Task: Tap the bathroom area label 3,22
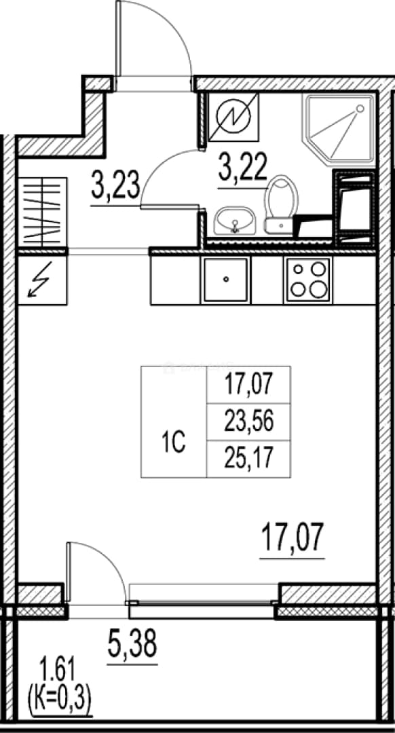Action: pyautogui.click(x=242, y=168)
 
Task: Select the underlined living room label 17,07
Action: pyautogui.click(x=292, y=538)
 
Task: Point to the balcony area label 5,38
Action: pyautogui.click(x=132, y=643)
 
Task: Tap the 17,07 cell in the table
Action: pyautogui.click(x=248, y=386)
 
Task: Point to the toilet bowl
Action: pyautogui.click(x=281, y=204)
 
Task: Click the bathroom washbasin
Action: pyautogui.click(x=235, y=220)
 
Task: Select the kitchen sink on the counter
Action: pyautogui.click(x=225, y=280)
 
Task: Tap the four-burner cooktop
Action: pyautogui.click(x=307, y=280)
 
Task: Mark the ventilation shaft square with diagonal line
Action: pyautogui.click(x=233, y=117)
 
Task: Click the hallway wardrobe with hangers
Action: pyautogui.click(x=42, y=211)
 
